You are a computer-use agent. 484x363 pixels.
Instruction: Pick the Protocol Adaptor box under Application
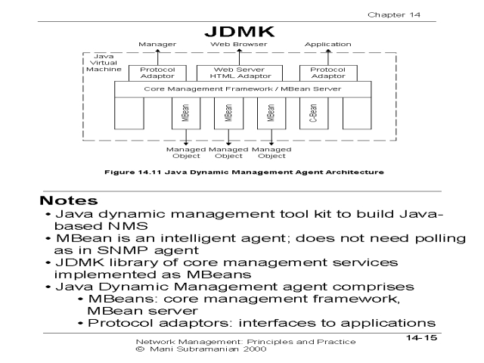323,73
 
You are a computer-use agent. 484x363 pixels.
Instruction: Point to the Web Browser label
231,45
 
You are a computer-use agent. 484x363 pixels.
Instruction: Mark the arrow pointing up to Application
323,57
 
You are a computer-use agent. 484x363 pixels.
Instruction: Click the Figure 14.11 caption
242,172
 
